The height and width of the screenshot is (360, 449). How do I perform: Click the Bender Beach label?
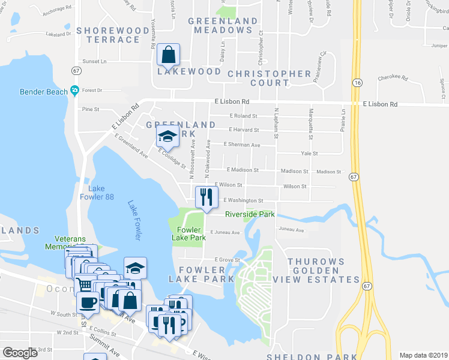pyautogui.click(x=43, y=92)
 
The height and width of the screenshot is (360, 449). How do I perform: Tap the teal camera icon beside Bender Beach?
pyautogui.click(x=74, y=91)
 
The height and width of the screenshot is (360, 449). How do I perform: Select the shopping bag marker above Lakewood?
pyautogui.click(x=168, y=56)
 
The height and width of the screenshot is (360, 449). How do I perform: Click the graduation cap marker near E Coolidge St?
pyautogui.click(x=167, y=137)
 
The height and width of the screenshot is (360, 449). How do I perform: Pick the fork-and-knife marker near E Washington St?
pyautogui.click(x=205, y=197)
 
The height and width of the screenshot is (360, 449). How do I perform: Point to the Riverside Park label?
pyautogui.click(x=250, y=214)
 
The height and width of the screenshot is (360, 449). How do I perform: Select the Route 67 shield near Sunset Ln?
pyautogui.click(x=76, y=70)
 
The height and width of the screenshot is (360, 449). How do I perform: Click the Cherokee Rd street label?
pyautogui.click(x=393, y=78)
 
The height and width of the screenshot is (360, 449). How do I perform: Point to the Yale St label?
pyautogui.click(x=309, y=154)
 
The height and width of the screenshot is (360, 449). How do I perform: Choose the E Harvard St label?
pyautogui.click(x=244, y=130)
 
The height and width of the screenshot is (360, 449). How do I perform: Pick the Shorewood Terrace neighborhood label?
pyautogui.click(x=113, y=35)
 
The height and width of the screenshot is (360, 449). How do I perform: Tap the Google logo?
pyautogui.click(x=20, y=353)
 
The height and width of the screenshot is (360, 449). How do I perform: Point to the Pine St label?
pyautogui.click(x=91, y=109)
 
